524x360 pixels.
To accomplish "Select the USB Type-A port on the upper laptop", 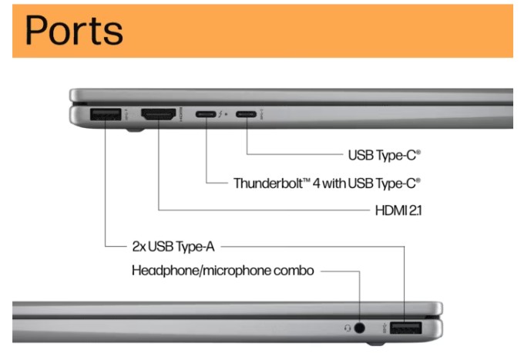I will click(103, 116).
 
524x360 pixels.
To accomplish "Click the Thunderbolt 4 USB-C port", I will click(206, 116).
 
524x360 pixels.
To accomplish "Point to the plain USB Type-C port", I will click(247, 116).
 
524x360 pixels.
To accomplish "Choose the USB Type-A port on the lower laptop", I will click(405, 329).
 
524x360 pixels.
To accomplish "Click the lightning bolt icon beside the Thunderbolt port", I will click(221, 116).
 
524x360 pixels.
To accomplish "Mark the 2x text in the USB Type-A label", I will click(139, 247).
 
